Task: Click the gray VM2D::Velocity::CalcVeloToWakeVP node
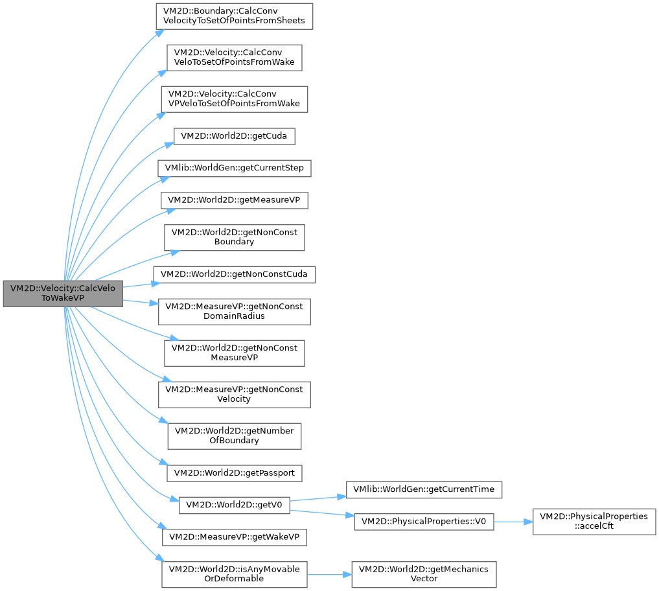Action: (x=63, y=294)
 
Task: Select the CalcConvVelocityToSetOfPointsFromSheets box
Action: (x=234, y=16)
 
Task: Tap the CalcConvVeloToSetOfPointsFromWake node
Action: (x=234, y=57)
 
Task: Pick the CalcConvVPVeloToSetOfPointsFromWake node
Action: (x=234, y=98)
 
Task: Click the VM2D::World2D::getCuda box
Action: (x=234, y=136)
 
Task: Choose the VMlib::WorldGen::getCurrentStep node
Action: (x=234, y=168)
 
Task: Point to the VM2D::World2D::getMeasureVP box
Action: (x=234, y=200)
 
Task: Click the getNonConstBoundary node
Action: (x=234, y=237)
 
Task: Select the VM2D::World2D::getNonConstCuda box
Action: (x=234, y=274)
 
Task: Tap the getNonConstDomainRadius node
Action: (x=234, y=312)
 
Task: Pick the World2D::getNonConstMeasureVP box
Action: (x=234, y=353)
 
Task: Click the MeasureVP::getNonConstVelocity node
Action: (x=234, y=394)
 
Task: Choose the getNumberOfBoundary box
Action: (x=234, y=435)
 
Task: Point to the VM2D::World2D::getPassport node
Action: (x=234, y=473)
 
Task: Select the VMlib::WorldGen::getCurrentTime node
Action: (x=424, y=489)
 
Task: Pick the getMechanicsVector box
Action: (x=424, y=574)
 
